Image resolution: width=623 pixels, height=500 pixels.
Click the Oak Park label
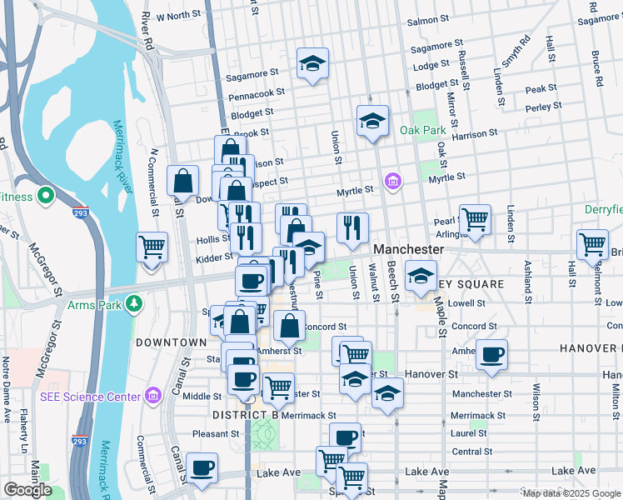click(422, 130)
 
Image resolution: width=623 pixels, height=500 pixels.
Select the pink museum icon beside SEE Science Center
click(152, 394)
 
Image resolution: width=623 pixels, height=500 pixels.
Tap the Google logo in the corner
click(27, 490)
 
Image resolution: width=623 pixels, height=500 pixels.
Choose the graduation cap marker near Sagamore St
click(312, 64)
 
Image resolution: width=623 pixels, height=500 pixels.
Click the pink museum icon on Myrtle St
click(391, 180)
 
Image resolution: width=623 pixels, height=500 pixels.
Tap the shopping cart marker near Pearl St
click(475, 221)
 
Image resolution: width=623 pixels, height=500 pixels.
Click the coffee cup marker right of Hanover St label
click(491, 354)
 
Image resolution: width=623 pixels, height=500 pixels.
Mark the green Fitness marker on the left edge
click(45, 197)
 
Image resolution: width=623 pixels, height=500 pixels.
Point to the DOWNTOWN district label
click(171, 342)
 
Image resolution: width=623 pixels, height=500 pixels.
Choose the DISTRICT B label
click(245, 415)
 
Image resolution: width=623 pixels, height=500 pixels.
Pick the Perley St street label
click(544, 107)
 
